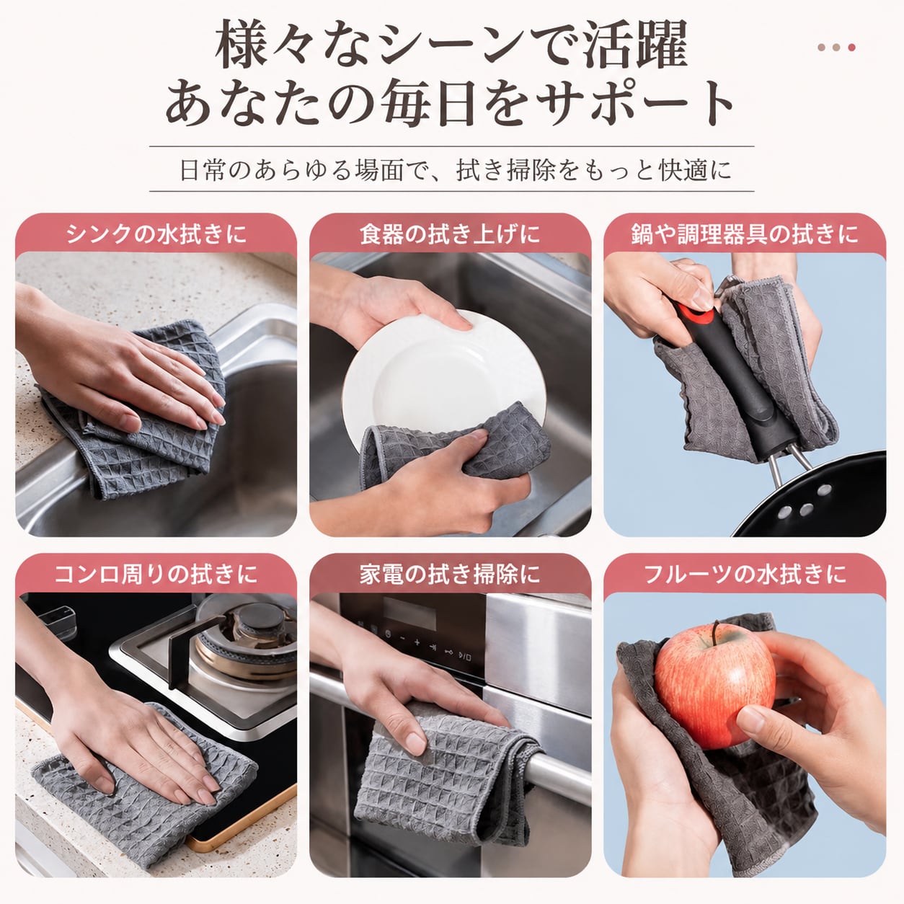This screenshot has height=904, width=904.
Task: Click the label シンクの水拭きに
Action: click(x=156, y=234)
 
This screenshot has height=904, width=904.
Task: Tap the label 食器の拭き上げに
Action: click(x=451, y=234)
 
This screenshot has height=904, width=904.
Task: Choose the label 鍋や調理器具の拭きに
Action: click(x=745, y=234)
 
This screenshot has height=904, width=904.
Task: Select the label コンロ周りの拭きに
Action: click(x=156, y=574)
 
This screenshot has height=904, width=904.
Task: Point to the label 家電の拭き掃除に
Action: click(x=451, y=574)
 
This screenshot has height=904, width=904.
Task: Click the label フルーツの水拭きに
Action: click(x=745, y=574)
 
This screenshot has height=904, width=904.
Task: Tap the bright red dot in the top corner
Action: click(x=851, y=48)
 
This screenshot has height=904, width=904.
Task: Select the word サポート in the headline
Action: click(x=635, y=103)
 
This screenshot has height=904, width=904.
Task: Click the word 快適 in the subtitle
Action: click(x=682, y=170)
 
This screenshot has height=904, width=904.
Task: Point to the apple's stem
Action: click(x=717, y=629)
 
